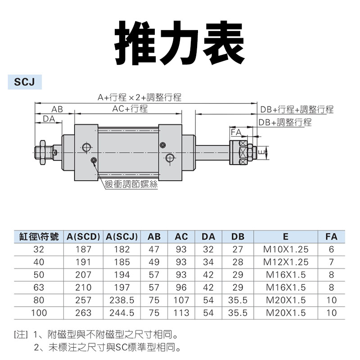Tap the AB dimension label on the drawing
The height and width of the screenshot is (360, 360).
pyautogui.click(x=57, y=109)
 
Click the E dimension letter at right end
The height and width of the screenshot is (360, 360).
pyautogui.click(x=261, y=152)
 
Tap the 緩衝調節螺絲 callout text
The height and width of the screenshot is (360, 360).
pyautogui.click(x=130, y=184)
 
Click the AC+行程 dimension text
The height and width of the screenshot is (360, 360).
pyautogui.click(x=130, y=109)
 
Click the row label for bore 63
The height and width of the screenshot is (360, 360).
pyautogui.click(x=39, y=288)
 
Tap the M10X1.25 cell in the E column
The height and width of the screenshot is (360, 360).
pyautogui.click(x=286, y=249)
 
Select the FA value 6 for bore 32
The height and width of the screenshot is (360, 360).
pyautogui.click(x=331, y=249)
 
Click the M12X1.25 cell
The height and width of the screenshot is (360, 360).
pyautogui.click(x=286, y=262)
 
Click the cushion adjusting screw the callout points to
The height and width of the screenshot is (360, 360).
pyautogui.click(x=94, y=161)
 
